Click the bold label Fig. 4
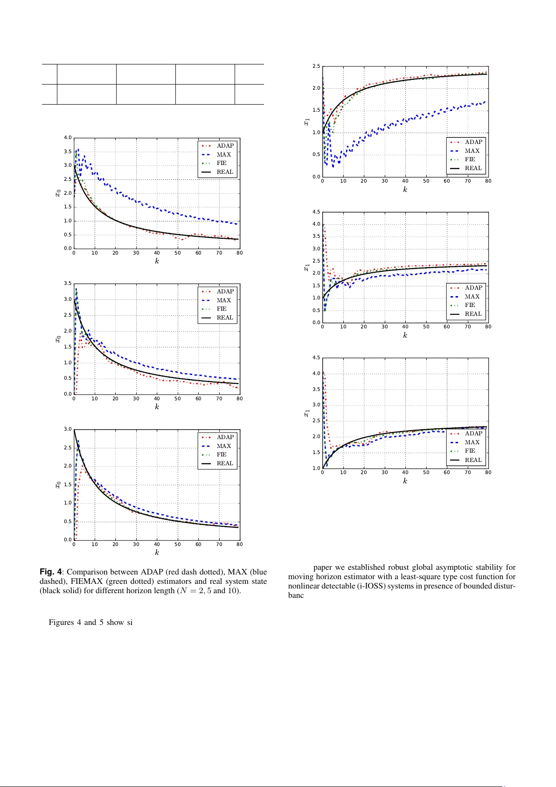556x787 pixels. point(50,572)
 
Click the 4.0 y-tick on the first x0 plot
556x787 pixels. point(68,138)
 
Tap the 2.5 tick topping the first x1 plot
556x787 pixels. point(316,66)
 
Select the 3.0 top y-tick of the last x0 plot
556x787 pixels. point(68,429)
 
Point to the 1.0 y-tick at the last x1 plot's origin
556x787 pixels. point(316,468)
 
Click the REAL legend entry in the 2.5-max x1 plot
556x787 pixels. point(473,168)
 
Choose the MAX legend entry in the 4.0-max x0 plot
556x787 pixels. point(223,155)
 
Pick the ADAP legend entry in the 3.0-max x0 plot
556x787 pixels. point(225,437)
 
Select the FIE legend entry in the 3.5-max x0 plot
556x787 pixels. point(222,309)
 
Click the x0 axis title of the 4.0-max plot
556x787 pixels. point(58,192)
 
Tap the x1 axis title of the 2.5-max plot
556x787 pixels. point(306,121)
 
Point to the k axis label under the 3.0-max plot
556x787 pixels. point(157,553)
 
